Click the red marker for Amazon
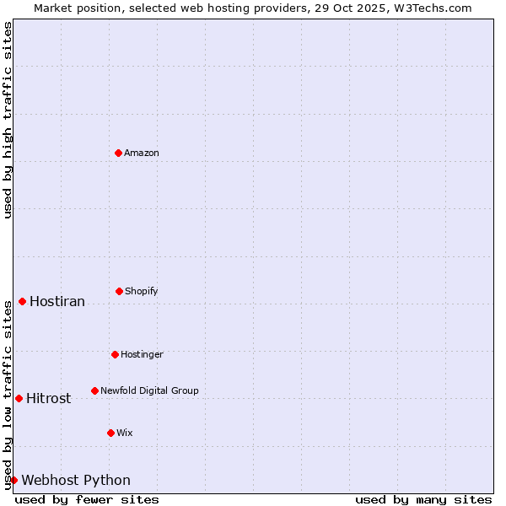[x=119, y=153]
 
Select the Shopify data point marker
[x=119, y=291]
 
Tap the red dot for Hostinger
[x=115, y=354]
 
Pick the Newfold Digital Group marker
[x=94, y=390]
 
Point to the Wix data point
[x=110, y=433]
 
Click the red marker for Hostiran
[x=22, y=301]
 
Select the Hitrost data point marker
[x=19, y=398]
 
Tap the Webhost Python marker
[x=13, y=480]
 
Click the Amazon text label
[x=142, y=153]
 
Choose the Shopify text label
[x=142, y=291]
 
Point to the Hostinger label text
[x=142, y=354]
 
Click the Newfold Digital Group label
[x=149, y=390]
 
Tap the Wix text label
[x=125, y=433]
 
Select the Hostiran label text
[x=57, y=302]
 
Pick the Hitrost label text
[x=49, y=399]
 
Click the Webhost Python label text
[x=76, y=481]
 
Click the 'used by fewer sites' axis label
[x=87, y=499]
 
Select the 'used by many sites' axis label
[x=423, y=499]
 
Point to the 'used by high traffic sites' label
[x=8, y=120]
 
